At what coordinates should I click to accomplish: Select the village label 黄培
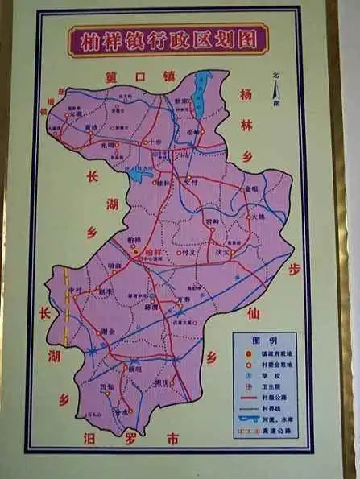click(93, 127)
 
